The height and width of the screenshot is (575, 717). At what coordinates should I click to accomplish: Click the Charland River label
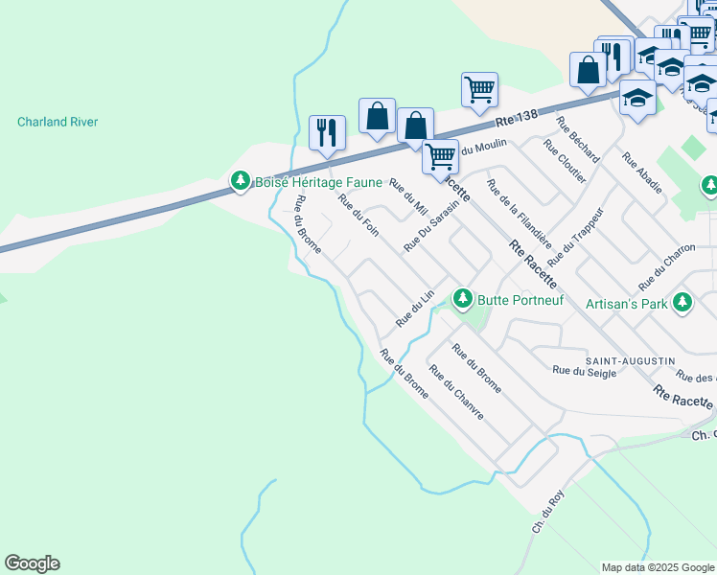(x=58, y=123)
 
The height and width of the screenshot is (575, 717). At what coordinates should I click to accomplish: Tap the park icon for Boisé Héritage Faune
(x=240, y=180)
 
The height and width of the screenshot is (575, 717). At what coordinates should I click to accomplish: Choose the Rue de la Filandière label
(x=519, y=214)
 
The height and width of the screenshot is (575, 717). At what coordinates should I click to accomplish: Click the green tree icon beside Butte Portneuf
(x=463, y=299)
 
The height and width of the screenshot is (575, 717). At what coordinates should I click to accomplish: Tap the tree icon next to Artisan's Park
(x=682, y=304)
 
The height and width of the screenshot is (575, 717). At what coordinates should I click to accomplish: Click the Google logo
(x=32, y=563)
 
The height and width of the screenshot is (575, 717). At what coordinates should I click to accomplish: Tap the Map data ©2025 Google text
(x=657, y=567)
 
